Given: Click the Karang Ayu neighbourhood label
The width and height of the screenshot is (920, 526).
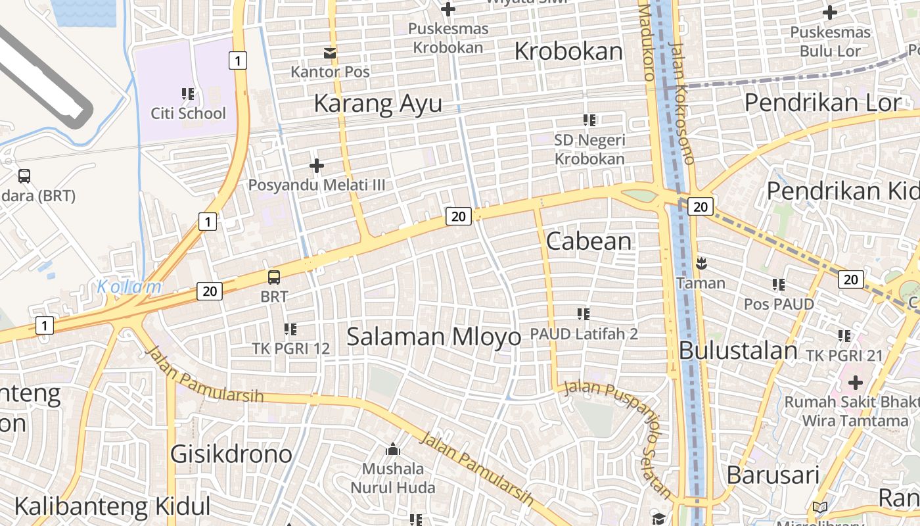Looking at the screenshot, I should click(x=378, y=104).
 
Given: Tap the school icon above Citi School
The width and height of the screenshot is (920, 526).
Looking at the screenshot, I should click(x=188, y=94).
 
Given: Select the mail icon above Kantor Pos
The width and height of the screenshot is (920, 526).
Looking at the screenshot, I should click(x=329, y=53).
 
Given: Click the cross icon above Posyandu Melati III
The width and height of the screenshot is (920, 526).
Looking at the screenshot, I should click(x=317, y=166).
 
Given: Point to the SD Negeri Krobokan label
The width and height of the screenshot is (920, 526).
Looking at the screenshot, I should click(x=589, y=149).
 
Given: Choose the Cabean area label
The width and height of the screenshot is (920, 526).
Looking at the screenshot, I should click(x=589, y=241).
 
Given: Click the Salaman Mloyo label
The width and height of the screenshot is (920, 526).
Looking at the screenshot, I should click(x=433, y=337).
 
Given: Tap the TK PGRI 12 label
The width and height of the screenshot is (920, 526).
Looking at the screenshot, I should click(x=291, y=348).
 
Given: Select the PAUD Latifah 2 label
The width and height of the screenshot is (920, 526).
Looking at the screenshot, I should click(x=584, y=334).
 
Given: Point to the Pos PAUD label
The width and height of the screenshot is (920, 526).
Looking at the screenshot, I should click(x=779, y=304).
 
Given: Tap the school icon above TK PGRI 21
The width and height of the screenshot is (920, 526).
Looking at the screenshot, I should click(x=844, y=336).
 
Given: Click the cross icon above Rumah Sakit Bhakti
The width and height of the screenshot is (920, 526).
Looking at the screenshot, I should click(x=855, y=382).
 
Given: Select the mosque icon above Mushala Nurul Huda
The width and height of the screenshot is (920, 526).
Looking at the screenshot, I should click(x=393, y=450).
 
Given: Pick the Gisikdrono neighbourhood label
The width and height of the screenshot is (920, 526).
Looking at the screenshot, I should click(x=231, y=454).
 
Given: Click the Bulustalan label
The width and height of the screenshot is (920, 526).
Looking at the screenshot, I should click(x=738, y=350).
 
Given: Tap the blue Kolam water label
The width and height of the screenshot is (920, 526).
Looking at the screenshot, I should click(x=129, y=287).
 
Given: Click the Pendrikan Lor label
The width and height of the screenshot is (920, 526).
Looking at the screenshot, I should click(x=822, y=103).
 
